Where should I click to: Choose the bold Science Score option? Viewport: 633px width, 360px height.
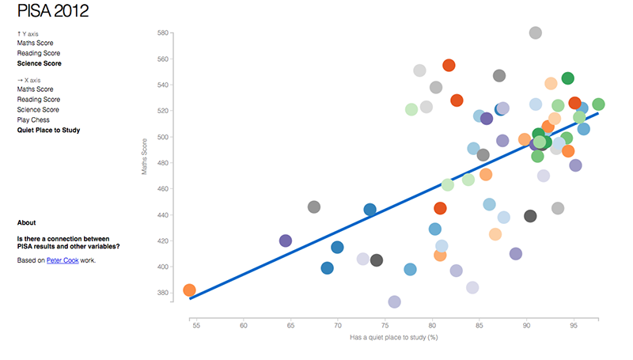[39, 63]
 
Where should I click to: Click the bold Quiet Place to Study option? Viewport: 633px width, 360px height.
[49, 130]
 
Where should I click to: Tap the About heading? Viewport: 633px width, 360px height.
[26, 223]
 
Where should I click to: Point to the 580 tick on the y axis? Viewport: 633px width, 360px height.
[164, 33]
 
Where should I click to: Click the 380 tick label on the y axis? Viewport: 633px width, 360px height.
[164, 293]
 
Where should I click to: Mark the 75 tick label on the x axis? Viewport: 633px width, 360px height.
[385, 325]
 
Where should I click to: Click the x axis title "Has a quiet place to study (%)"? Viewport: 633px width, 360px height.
[394, 338]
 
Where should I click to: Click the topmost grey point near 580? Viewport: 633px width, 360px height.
[535, 32]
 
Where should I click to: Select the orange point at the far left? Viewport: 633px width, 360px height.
[189, 290]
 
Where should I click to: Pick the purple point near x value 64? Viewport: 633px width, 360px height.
[286, 241]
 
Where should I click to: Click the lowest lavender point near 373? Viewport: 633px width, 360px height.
[394, 301]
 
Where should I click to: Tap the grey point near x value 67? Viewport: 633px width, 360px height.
[313, 207]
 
